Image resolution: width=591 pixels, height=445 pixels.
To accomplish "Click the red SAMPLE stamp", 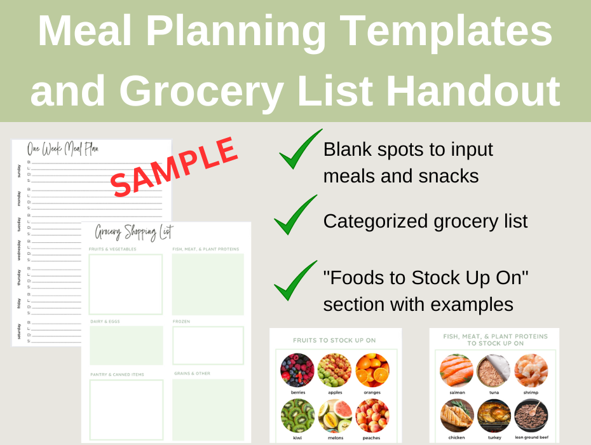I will click(x=175, y=167).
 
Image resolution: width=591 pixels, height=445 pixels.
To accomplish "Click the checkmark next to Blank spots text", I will click(x=300, y=150).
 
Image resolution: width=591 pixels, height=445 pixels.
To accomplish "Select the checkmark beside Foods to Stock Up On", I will click(x=295, y=281).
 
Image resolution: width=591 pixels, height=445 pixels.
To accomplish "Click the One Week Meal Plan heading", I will click(x=62, y=149).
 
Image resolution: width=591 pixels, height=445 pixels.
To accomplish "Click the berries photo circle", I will click(x=297, y=371).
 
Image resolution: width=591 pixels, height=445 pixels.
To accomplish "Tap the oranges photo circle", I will click(x=372, y=371).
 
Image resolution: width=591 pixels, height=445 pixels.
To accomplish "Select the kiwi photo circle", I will click(x=297, y=416).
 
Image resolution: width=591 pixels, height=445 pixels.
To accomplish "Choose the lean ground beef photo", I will click(x=531, y=416).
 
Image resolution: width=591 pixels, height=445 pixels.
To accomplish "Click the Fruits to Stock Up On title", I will click(x=334, y=340).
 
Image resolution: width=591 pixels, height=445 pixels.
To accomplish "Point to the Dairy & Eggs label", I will click(x=105, y=322).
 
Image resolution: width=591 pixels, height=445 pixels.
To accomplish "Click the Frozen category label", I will click(x=181, y=322).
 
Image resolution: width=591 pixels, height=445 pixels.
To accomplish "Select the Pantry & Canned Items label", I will click(x=117, y=374).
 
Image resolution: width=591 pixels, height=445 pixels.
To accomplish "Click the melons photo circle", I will click(x=335, y=416).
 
